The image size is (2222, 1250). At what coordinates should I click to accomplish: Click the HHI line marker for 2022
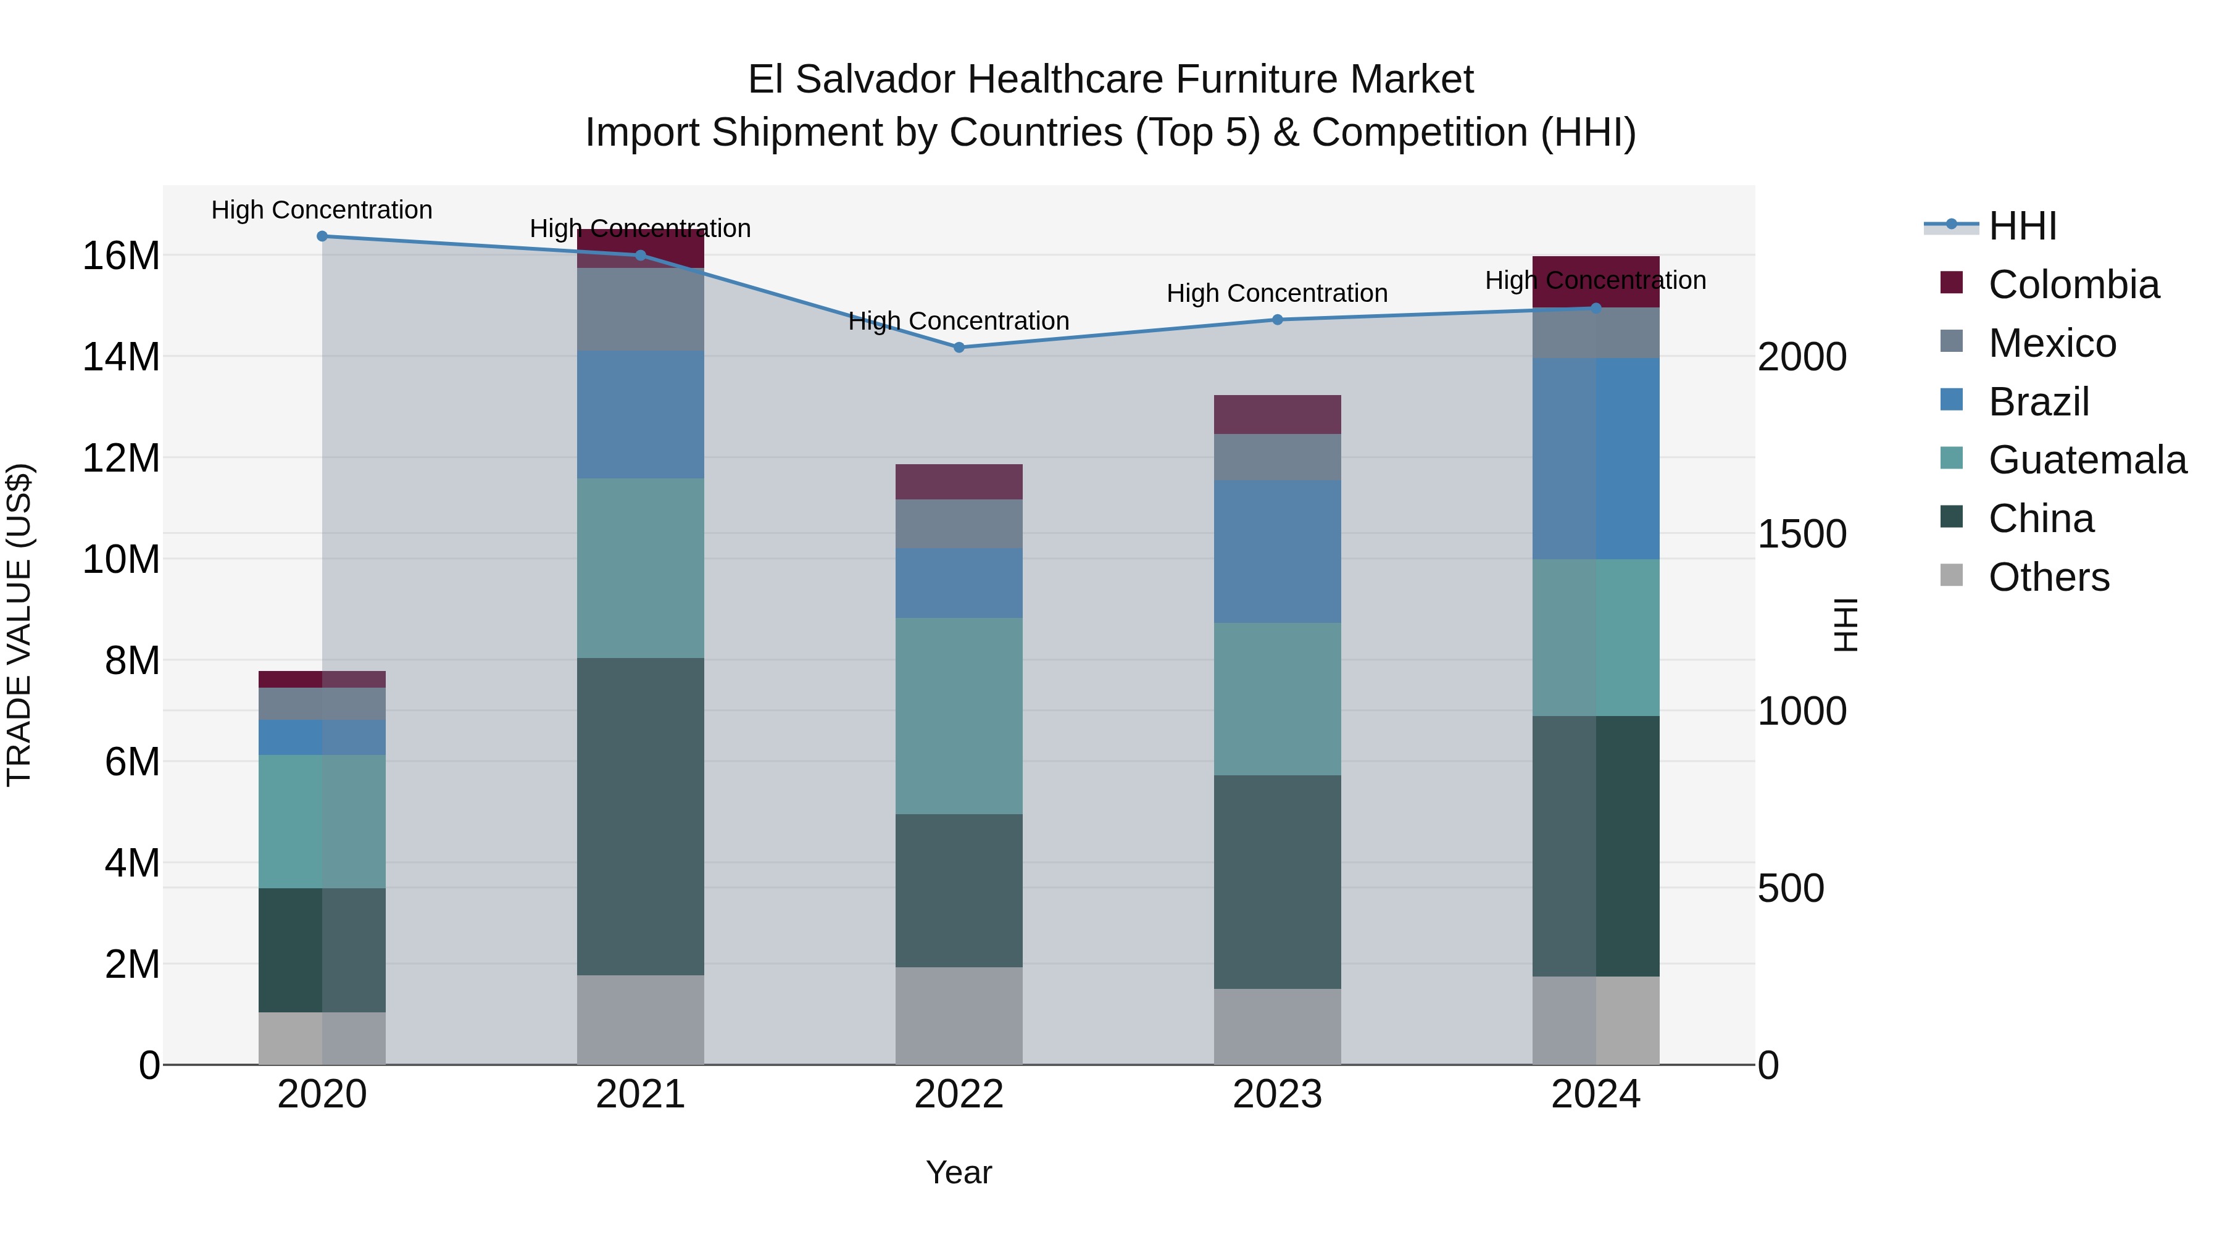coord(959,348)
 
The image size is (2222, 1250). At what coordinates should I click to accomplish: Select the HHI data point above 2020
coord(322,236)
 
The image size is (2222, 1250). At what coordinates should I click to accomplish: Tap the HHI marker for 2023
coord(1278,320)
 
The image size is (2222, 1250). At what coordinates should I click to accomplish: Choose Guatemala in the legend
coord(2087,460)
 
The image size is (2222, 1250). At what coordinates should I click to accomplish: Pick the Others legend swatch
coord(1951,575)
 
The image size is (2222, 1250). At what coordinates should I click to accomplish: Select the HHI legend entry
coord(2022,226)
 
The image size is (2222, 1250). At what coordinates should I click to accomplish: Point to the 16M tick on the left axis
coord(121,256)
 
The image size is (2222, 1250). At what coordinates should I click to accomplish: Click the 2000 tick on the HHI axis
coord(1802,357)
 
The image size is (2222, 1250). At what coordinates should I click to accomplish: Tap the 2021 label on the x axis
coord(640,1094)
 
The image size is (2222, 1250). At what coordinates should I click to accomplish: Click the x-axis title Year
coord(959,1173)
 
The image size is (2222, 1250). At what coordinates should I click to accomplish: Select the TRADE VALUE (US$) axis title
coord(19,625)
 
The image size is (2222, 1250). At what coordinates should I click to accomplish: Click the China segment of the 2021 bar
coord(640,816)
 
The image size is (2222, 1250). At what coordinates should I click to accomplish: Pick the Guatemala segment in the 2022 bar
coord(959,716)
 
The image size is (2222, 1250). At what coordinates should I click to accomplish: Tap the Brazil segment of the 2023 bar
coord(1278,551)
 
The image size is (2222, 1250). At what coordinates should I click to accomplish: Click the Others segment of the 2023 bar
coord(1278,1027)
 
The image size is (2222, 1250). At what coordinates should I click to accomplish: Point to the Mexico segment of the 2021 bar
coord(640,310)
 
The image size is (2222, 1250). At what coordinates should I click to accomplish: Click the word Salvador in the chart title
coord(875,80)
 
